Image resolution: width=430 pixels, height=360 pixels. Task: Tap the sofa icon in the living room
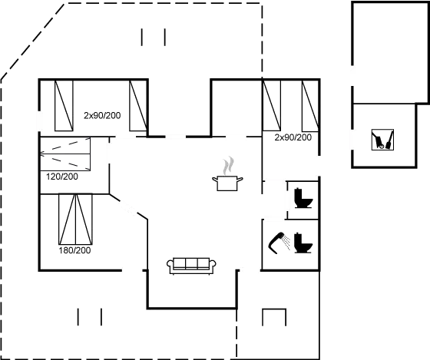[x=191, y=266]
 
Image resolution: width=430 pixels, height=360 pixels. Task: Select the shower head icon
[x=279, y=243]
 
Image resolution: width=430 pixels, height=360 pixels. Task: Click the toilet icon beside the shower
[x=303, y=243]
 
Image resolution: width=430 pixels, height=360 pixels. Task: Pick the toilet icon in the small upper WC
[x=303, y=198]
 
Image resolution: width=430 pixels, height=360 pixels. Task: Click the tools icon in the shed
[x=382, y=140]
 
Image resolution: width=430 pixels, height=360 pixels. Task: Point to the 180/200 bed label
[x=74, y=250]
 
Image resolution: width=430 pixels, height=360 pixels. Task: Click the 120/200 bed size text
[x=62, y=177]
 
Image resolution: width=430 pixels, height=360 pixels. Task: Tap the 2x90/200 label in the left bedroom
[x=102, y=115]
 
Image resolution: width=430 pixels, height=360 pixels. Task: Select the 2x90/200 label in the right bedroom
[x=293, y=137]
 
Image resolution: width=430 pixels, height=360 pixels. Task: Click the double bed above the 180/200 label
[x=76, y=219]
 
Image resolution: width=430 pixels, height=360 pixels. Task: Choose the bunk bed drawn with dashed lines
[x=65, y=154]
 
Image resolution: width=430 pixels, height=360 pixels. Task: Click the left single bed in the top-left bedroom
[x=64, y=106]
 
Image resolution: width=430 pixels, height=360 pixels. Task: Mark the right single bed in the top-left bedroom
[x=138, y=106]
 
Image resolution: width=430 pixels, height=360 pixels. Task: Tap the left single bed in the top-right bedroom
[x=272, y=106]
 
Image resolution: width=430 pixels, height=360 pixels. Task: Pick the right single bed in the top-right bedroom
[x=310, y=106]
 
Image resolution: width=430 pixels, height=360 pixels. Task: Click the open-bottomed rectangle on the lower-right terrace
[x=274, y=309]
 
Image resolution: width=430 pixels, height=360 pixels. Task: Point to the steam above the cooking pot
[x=228, y=166]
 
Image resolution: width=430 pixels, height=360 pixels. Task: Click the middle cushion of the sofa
[x=191, y=263]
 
